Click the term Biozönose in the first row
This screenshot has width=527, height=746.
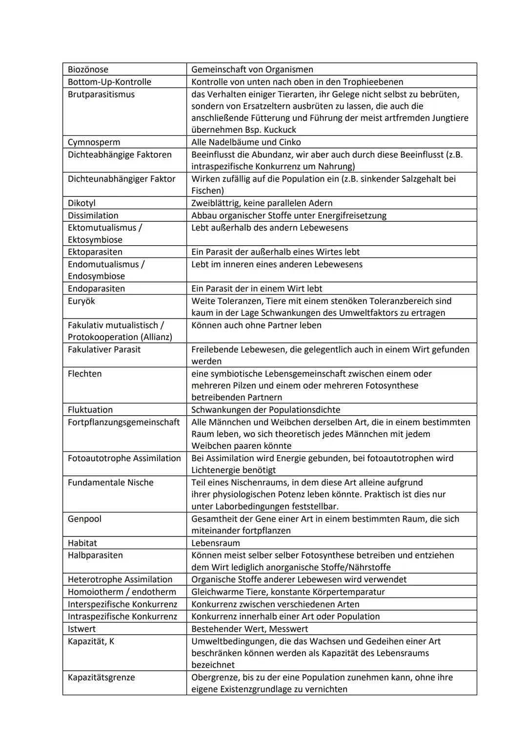88,69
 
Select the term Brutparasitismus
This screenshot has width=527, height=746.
101,94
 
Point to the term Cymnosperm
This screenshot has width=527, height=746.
94,142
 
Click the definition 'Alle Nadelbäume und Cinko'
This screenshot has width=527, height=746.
246,142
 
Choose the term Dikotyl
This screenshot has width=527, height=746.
81,203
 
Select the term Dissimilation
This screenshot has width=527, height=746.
93,215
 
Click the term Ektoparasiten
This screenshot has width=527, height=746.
95,252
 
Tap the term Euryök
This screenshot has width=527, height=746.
81,301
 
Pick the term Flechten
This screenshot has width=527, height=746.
84,374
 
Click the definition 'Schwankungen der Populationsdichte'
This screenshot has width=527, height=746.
265,410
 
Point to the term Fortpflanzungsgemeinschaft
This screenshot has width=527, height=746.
123,422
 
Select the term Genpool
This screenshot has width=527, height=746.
84,519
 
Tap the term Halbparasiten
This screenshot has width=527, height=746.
95,555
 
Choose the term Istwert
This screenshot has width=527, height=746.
81,629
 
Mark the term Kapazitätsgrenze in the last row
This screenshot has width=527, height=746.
101,678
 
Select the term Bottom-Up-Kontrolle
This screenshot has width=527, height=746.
109,82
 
